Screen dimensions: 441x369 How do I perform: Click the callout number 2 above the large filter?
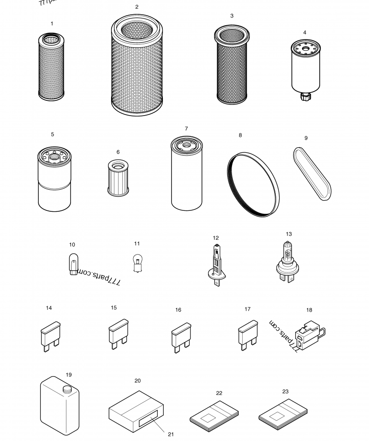pos(137,7)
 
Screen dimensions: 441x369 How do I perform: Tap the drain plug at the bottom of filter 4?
pos(304,97)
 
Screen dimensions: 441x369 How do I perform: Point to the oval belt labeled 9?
pos(312,174)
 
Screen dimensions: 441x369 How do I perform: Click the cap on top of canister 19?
pos(67,389)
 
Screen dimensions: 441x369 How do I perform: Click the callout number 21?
pos(171,434)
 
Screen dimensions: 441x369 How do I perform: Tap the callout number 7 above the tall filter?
pos(186,129)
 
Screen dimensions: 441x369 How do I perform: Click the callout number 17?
pos(248,309)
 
